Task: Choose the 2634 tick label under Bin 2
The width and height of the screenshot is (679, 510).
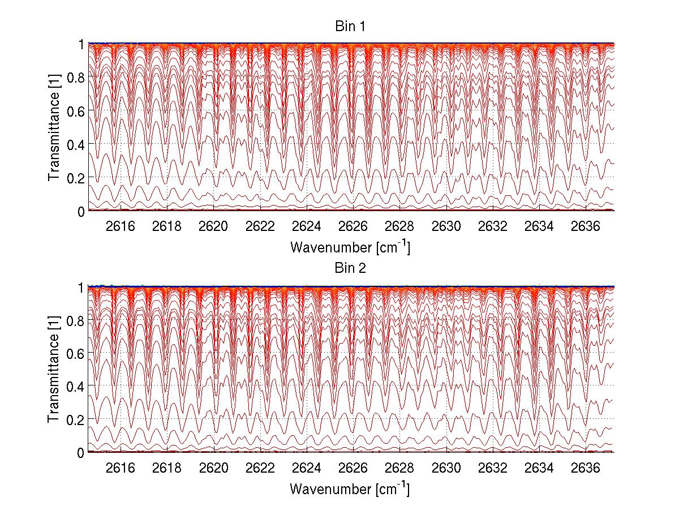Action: pos(539,468)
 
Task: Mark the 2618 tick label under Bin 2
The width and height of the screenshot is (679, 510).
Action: pos(167,468)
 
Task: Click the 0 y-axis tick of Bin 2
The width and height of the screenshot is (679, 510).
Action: pos(81,453)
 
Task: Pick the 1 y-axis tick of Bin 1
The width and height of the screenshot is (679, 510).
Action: pos(81,44)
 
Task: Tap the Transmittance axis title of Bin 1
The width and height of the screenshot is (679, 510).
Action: pos(54,127)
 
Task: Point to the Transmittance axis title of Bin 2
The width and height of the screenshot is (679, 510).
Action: pos(54,369)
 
